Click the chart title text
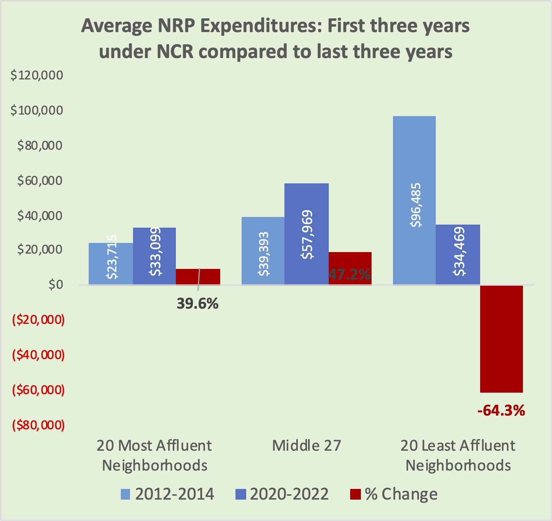(x=275, y=39)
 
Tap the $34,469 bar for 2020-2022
(x=458, y=254)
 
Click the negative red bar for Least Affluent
(x=501, y=338)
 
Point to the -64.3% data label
(x=501, y=411)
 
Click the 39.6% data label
(x=197, y=304)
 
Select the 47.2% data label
(x=350, y=274)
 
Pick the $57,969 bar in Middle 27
(x=307, y=234)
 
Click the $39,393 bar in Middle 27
(x=263, y=251)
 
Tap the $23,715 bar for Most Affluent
(x=111, y=264)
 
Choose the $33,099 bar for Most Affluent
(x=154, y=256)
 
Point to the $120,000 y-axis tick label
(x=37, y=75)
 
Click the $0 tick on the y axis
(x=55, y=285)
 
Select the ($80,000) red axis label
(x=38, y=425)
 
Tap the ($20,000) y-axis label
(x=38, y=320)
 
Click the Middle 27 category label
(x=307, y=446)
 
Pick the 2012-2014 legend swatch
(x=126, y=494)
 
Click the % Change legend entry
(x=394, y=494)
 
